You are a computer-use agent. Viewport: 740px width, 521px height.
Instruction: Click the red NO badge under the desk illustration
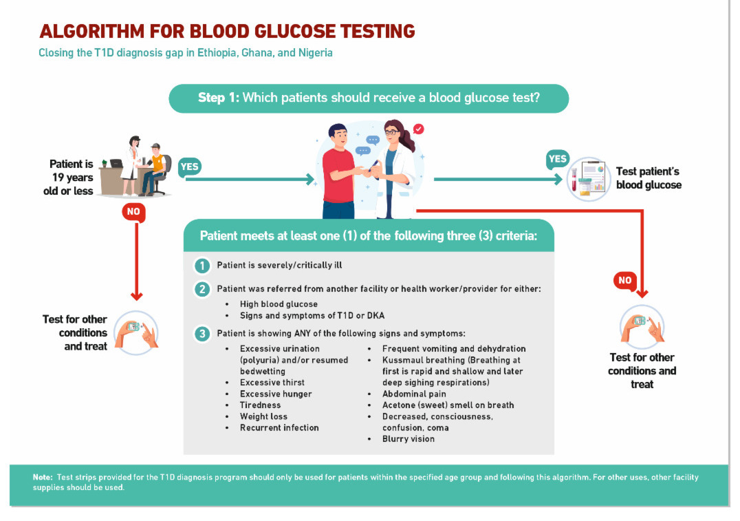pyautogui.click(x=133, y=212)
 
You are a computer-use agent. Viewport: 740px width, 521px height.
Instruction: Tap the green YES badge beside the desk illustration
pyautogui.click(x=190, y=167)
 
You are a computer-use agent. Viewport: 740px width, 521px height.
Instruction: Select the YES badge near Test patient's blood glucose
pyautogui.click(x=558, y=159)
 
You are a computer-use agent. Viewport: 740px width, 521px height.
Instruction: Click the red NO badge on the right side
pyautogui.click(x=624, y=280)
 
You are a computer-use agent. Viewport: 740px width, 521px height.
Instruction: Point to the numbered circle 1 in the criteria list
pyautogui.click(x=202, y=265)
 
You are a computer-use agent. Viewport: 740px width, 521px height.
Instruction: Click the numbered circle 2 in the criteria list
pyautogui.click(x=202, y=289)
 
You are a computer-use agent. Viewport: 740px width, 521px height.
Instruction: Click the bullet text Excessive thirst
pyautogui.click(x=272, y=383)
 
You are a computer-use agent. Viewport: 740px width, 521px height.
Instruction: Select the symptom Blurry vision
pyautogui.click(x=409, y=439)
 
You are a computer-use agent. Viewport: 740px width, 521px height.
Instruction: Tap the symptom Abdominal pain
pyautogui.click(x=414, y=394)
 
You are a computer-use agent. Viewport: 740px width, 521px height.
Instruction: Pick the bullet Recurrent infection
pyautogui.click(x=279, y=428)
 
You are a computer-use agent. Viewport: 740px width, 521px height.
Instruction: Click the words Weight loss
pyautogui.click(x=263, y=416)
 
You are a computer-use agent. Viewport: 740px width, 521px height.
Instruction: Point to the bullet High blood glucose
pyautogui.click(x=279, y=304)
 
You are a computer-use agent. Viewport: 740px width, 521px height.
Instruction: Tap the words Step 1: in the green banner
pyautogui.click(x=219, y=98)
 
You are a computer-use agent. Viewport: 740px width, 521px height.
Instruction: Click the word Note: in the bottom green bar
pyautogui.click(x=43, y=478)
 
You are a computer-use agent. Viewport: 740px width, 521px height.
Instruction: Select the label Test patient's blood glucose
pyautogui.click(x=648, y=178)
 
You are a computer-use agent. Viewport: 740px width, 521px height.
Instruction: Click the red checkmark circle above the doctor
pyautogui.click(x=418, y=129)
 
